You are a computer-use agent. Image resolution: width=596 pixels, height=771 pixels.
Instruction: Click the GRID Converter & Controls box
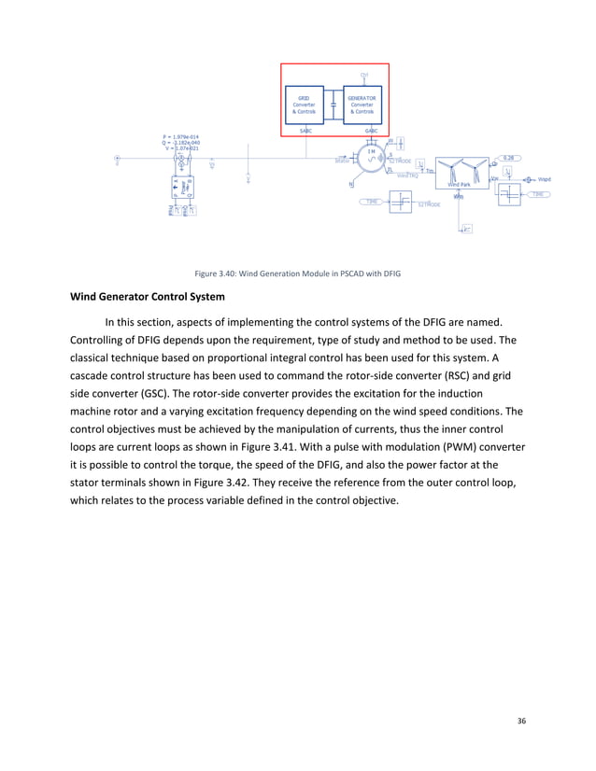(305, 104)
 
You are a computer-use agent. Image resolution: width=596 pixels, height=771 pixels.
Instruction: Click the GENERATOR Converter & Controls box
(362, 104)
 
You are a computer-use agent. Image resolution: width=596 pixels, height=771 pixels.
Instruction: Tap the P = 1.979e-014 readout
(181, 136)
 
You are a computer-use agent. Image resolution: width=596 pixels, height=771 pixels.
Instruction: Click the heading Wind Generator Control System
(147, 298)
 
